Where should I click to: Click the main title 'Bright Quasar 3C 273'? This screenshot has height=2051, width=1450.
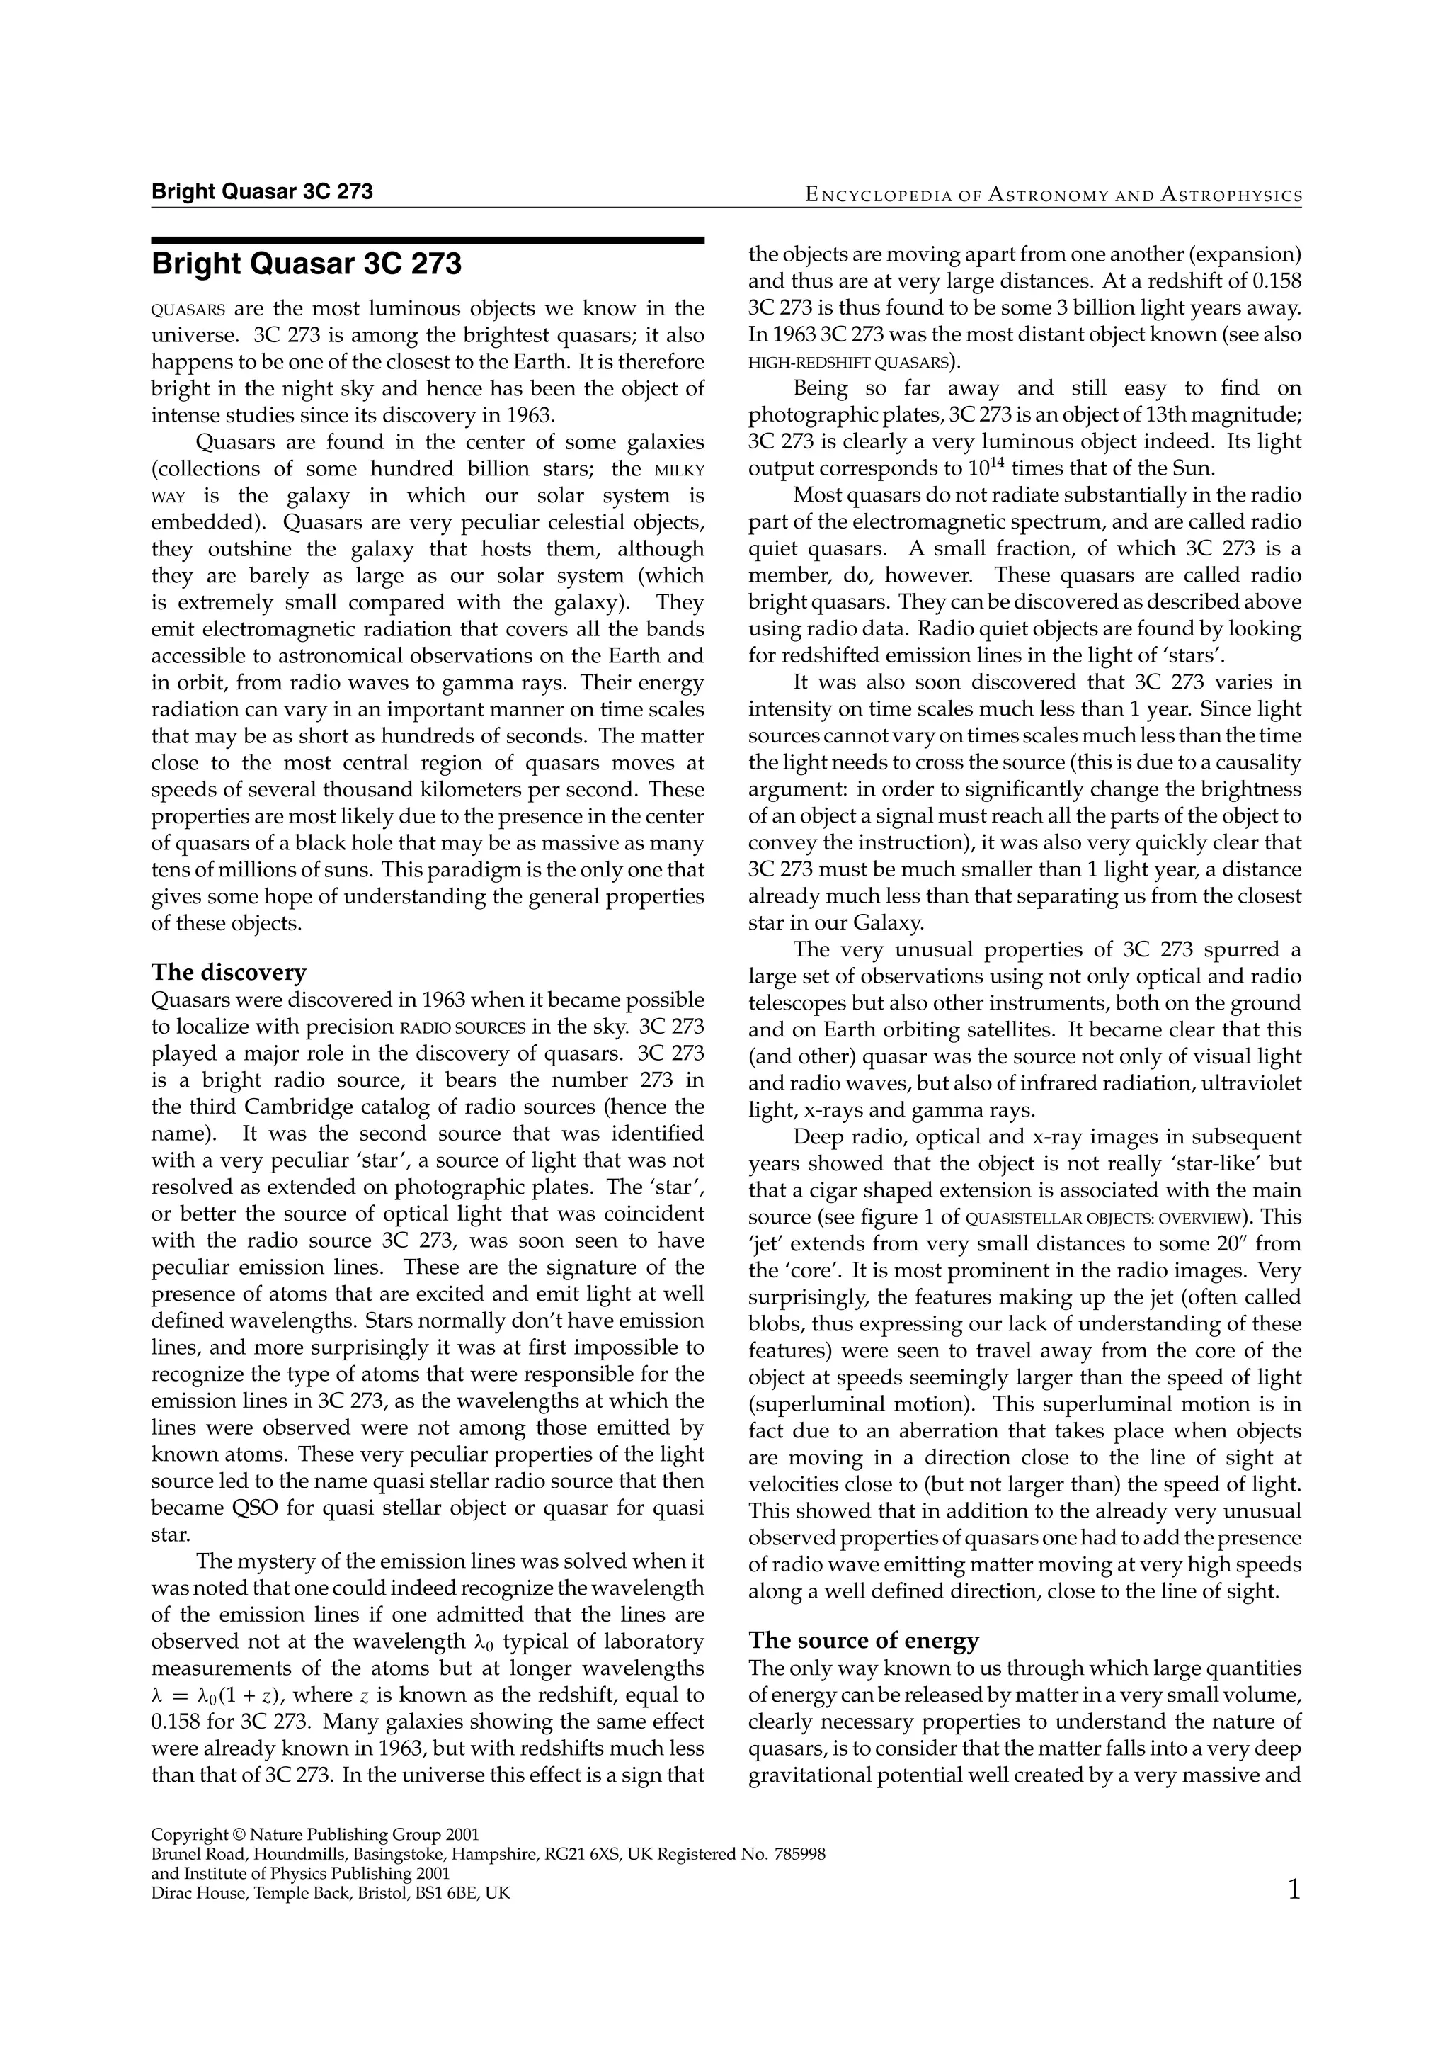[x=307, y=264]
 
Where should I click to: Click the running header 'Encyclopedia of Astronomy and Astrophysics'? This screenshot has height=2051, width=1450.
[x=1053, y=195]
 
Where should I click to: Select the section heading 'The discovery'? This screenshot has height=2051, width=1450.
[x=229, y=972]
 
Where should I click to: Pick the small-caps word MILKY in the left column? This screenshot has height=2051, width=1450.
[x=680, y=470]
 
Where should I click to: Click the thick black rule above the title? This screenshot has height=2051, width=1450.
[x=428, y=240]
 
